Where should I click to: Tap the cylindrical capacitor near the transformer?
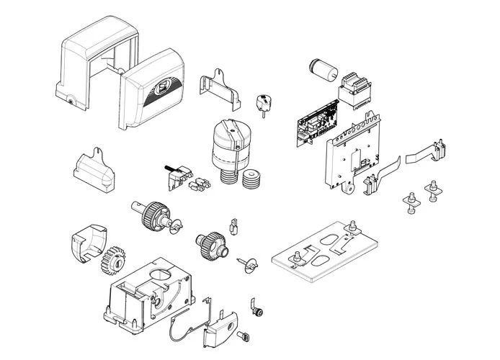(321, 71)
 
